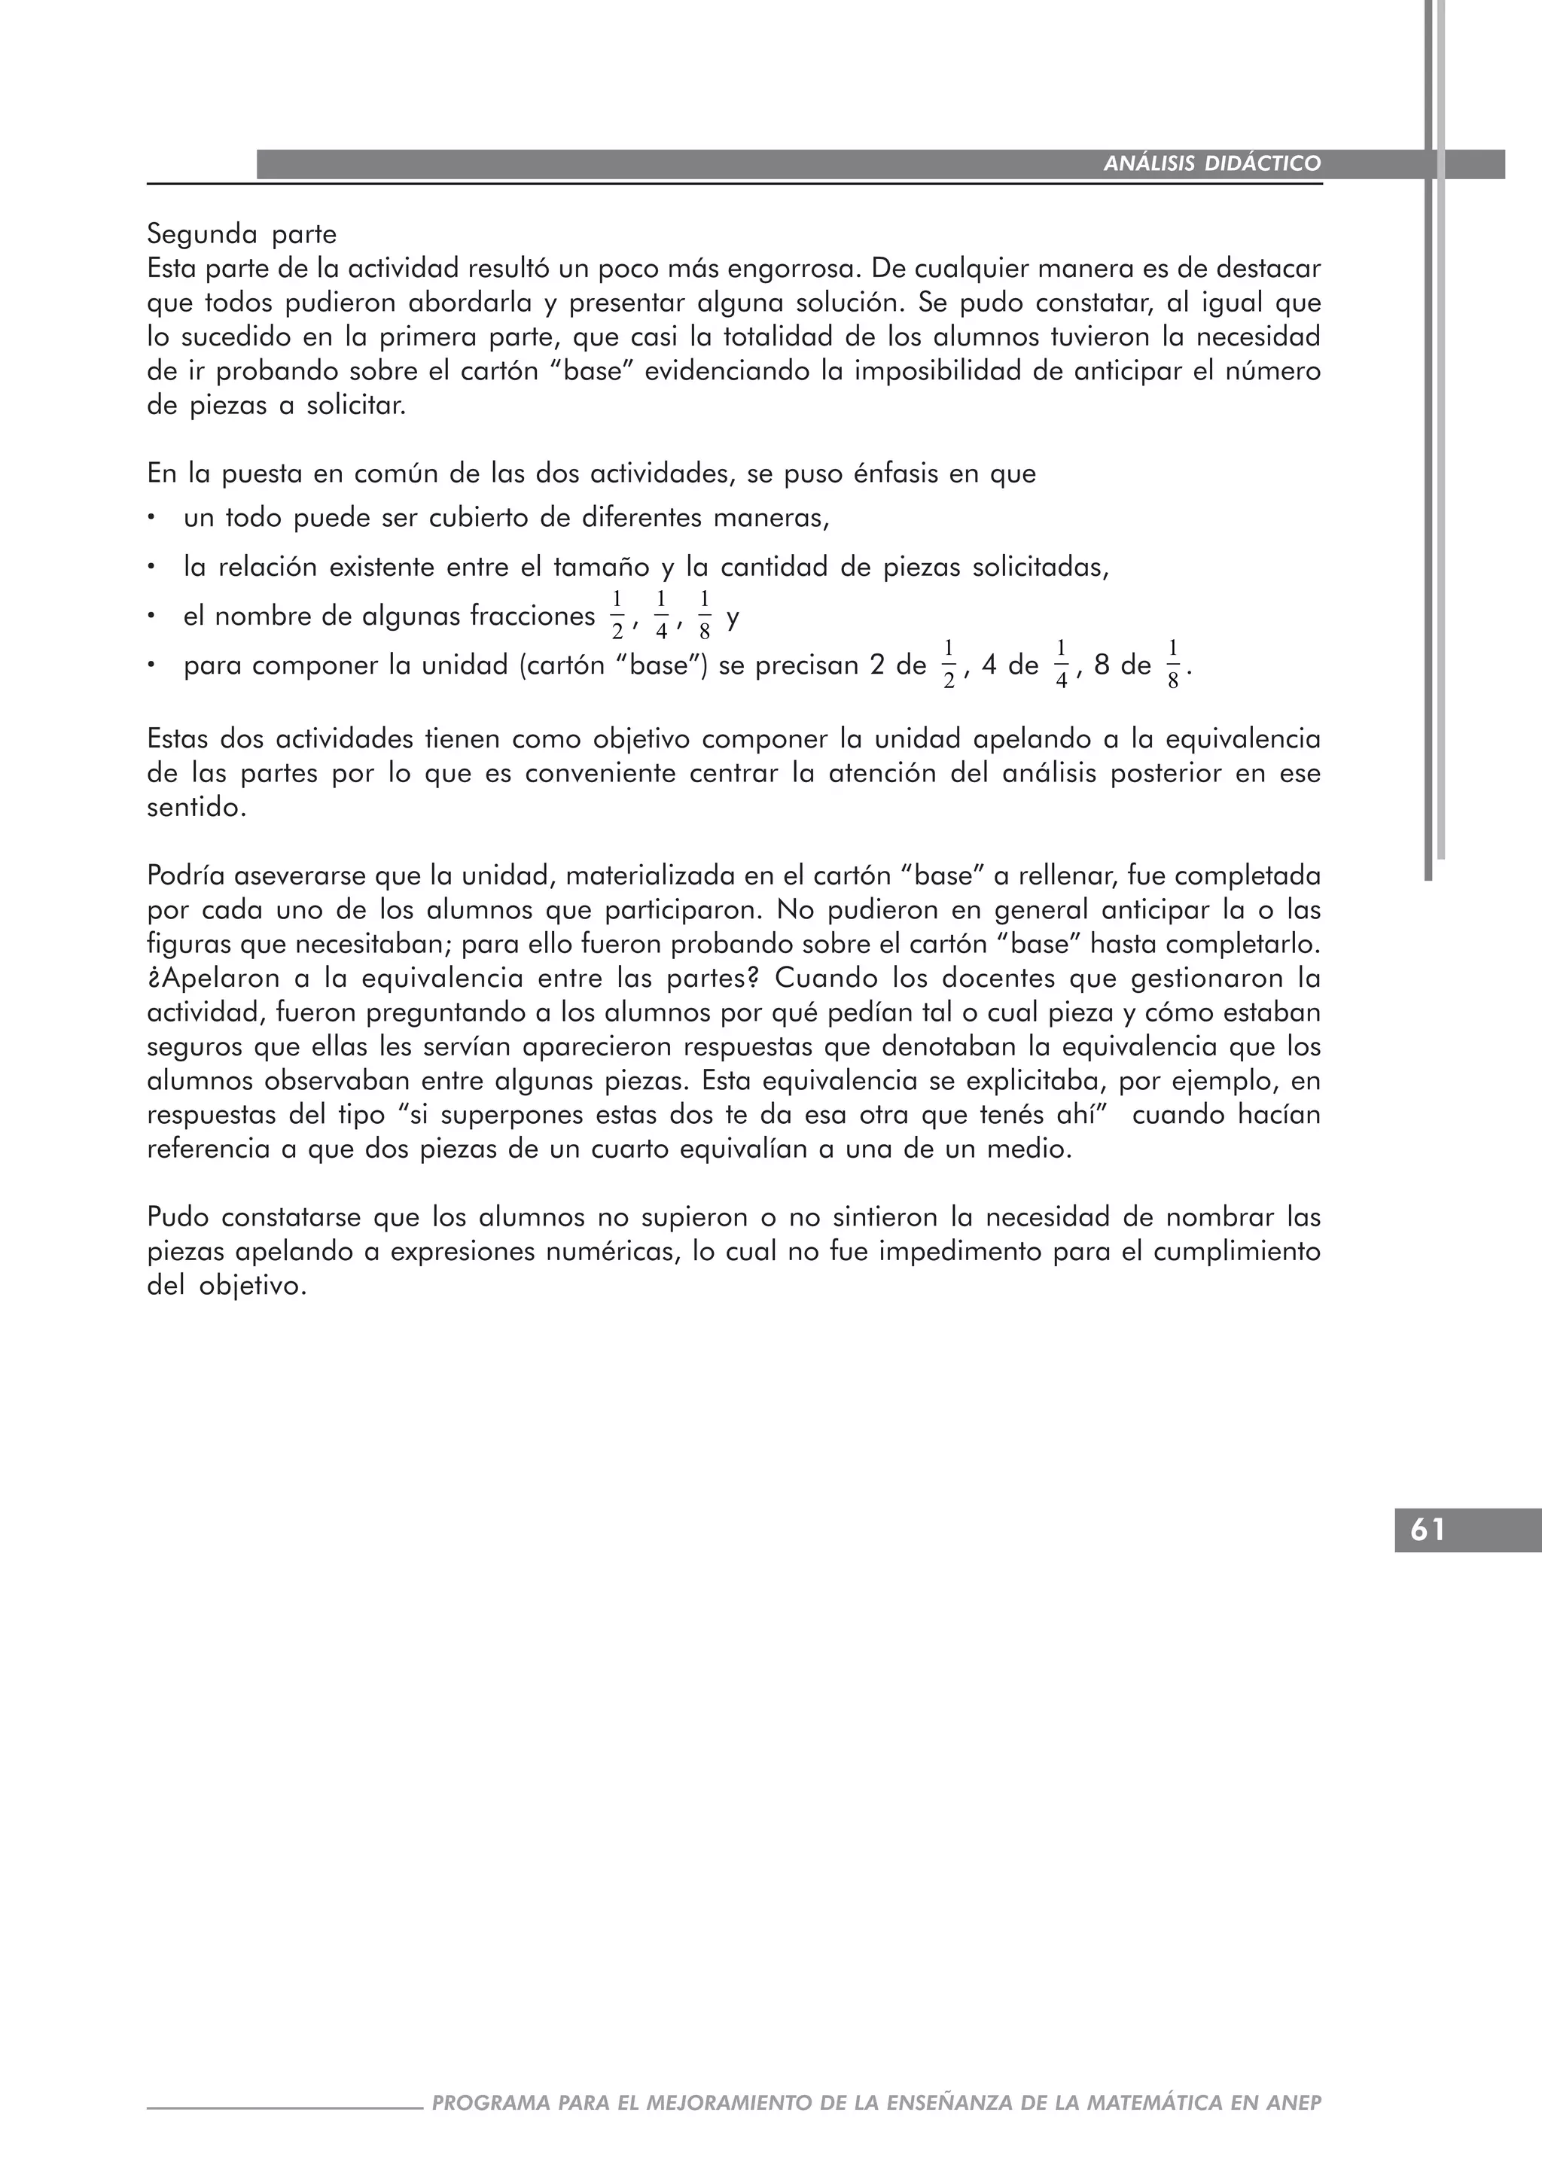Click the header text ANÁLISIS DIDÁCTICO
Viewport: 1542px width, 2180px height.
[1211, 164]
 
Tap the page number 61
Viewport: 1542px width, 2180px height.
[1428, 1530]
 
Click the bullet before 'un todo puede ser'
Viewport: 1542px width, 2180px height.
[151, 519]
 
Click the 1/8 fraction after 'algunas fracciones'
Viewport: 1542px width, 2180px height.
[703, 615]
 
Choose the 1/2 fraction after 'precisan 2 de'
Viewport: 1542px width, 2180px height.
[949, 665]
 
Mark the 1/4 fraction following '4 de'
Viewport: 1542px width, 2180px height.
[1062, 665]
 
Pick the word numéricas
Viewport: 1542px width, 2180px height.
[608, 1253]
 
